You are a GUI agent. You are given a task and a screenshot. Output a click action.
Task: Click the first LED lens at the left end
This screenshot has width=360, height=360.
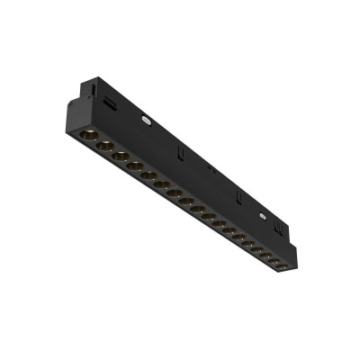pos(89,136)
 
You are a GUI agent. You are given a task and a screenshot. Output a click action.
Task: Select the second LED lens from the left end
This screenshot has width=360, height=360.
pos(104,146)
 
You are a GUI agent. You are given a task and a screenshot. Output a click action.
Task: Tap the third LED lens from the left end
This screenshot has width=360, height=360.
pos(120,156)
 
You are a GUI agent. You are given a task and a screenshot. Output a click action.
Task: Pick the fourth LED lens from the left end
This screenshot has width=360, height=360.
pos(134,166)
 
